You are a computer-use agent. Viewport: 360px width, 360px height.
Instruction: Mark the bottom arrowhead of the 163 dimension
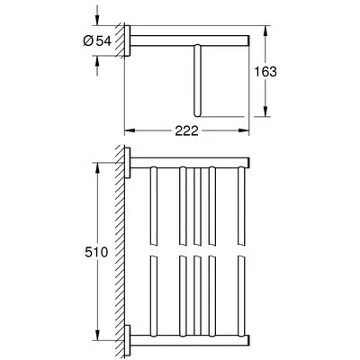click(265, 115)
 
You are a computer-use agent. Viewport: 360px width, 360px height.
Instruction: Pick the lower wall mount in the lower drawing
click(129, 341)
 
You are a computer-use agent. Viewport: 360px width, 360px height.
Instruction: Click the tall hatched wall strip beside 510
click(120, 252)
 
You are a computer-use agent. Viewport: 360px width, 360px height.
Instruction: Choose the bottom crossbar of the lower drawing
click(189, 341)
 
